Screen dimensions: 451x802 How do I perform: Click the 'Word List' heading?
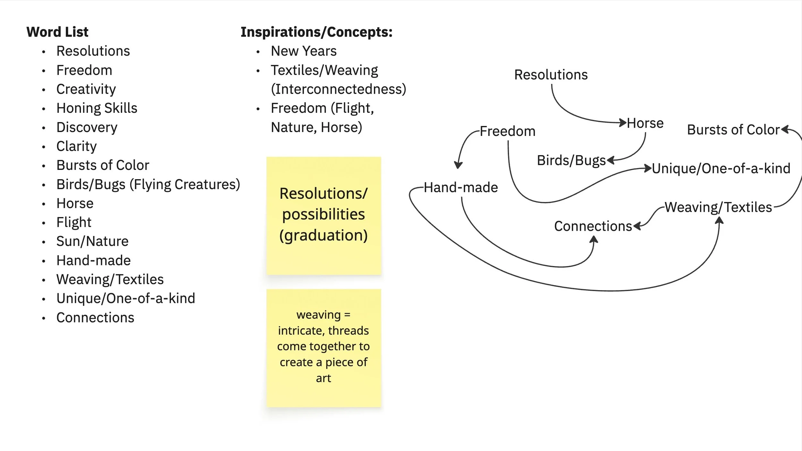[x=57, y=32]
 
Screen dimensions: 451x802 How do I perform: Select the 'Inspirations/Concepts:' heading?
[x=316, y=32]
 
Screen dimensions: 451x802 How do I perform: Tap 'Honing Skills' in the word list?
[x=97, y=108]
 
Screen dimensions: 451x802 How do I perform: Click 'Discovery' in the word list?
[x=87, y=127]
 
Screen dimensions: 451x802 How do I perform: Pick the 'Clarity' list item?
[x=76, y=146]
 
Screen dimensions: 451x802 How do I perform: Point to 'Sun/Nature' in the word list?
[x=92, y=241]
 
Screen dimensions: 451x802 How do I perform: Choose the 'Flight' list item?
[x=74, y=222]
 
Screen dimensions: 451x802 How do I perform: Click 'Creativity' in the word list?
[x=86, y=89]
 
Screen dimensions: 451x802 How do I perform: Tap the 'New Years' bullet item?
[x=303, y=51]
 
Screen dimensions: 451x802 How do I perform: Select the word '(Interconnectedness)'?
[x=338, y=89]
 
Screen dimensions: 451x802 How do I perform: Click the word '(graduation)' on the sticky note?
[x=323, y=235]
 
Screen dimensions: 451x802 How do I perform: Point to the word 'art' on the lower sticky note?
[x=323, y=378]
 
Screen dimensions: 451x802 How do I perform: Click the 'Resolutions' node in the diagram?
[x=551, y=75]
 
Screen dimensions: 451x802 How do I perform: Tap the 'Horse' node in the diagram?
[x=645, y=123]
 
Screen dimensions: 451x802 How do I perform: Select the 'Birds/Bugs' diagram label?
[x=571, y=160]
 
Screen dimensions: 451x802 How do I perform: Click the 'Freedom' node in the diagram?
[x=508, y=131]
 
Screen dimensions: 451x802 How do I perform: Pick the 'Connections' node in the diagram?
[x=593, y=226]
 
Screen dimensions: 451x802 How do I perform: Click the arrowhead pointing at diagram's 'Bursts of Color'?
[x=785, y=129]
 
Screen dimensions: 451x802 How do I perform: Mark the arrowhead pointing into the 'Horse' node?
[x=623, y=122]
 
